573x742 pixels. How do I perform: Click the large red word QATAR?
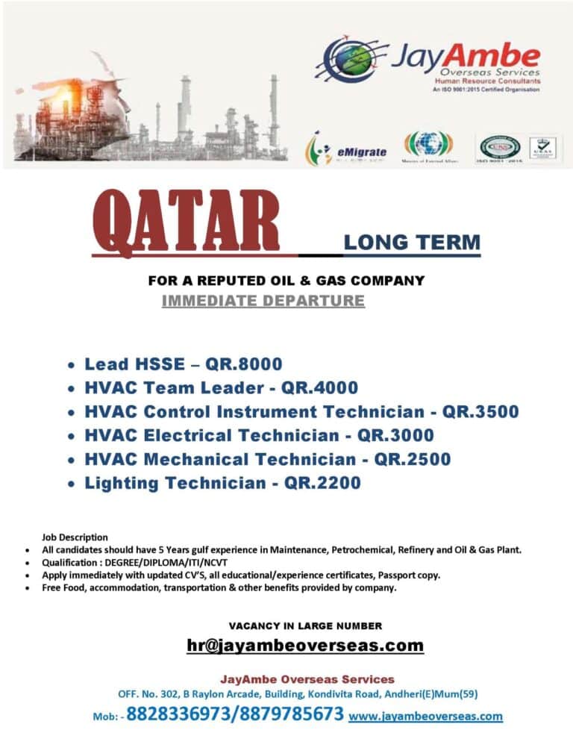[186, 222]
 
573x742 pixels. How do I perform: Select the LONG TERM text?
[412, 243]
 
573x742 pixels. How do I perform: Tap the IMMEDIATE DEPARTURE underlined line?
[263, 301]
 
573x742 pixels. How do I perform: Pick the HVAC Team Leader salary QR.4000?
[319, 388]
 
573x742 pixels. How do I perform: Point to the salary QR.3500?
[480, 412]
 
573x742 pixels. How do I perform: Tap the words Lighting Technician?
[175, 483]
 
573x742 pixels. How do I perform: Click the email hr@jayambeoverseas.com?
[305, 645]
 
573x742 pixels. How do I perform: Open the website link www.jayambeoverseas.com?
[425, 716]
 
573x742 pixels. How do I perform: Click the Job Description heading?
[75, 537]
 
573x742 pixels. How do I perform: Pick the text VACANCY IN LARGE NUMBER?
[305, 626]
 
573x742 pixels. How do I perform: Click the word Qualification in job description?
[66, 562]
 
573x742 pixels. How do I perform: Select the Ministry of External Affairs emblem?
[428, 145]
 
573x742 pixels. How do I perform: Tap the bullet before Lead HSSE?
[70, 366]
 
